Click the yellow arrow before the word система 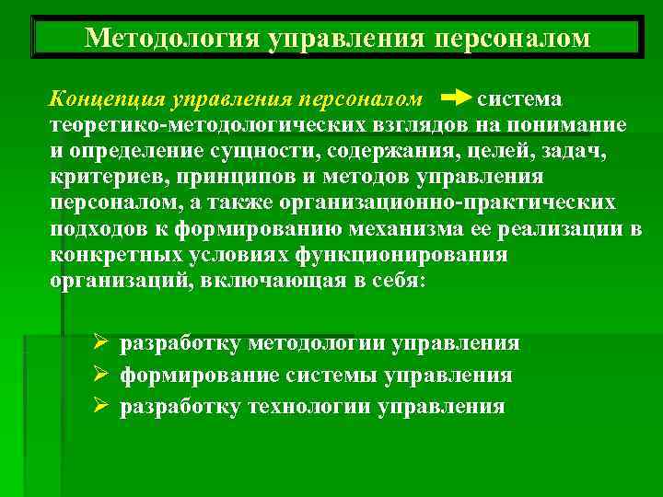coord(457,98)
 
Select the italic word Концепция coord(104,98)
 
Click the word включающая coord(279,281)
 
